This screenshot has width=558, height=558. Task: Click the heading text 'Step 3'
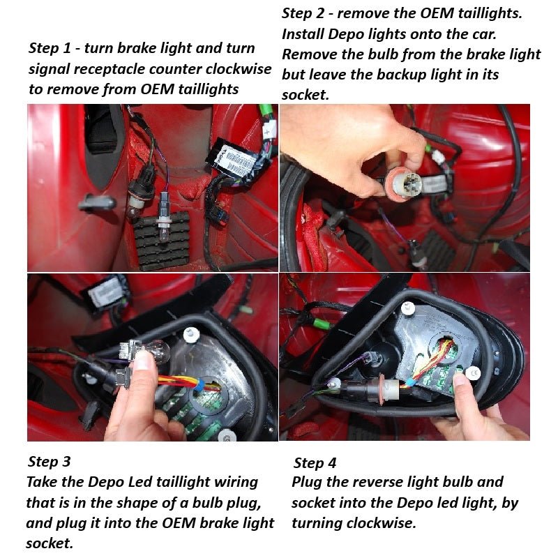[x=49, y=462]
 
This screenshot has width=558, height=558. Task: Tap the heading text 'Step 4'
[x=315, y=462]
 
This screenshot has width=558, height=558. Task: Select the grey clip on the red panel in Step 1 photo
[x=96, y=203]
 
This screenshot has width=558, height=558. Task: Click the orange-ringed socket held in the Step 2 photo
[x=402, y=182]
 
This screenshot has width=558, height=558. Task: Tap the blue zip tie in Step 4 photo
[x=411, y=382]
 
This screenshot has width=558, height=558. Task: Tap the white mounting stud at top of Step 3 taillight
[x=190, y=335]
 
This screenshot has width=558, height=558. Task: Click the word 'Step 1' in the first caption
[x=50, y=48]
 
